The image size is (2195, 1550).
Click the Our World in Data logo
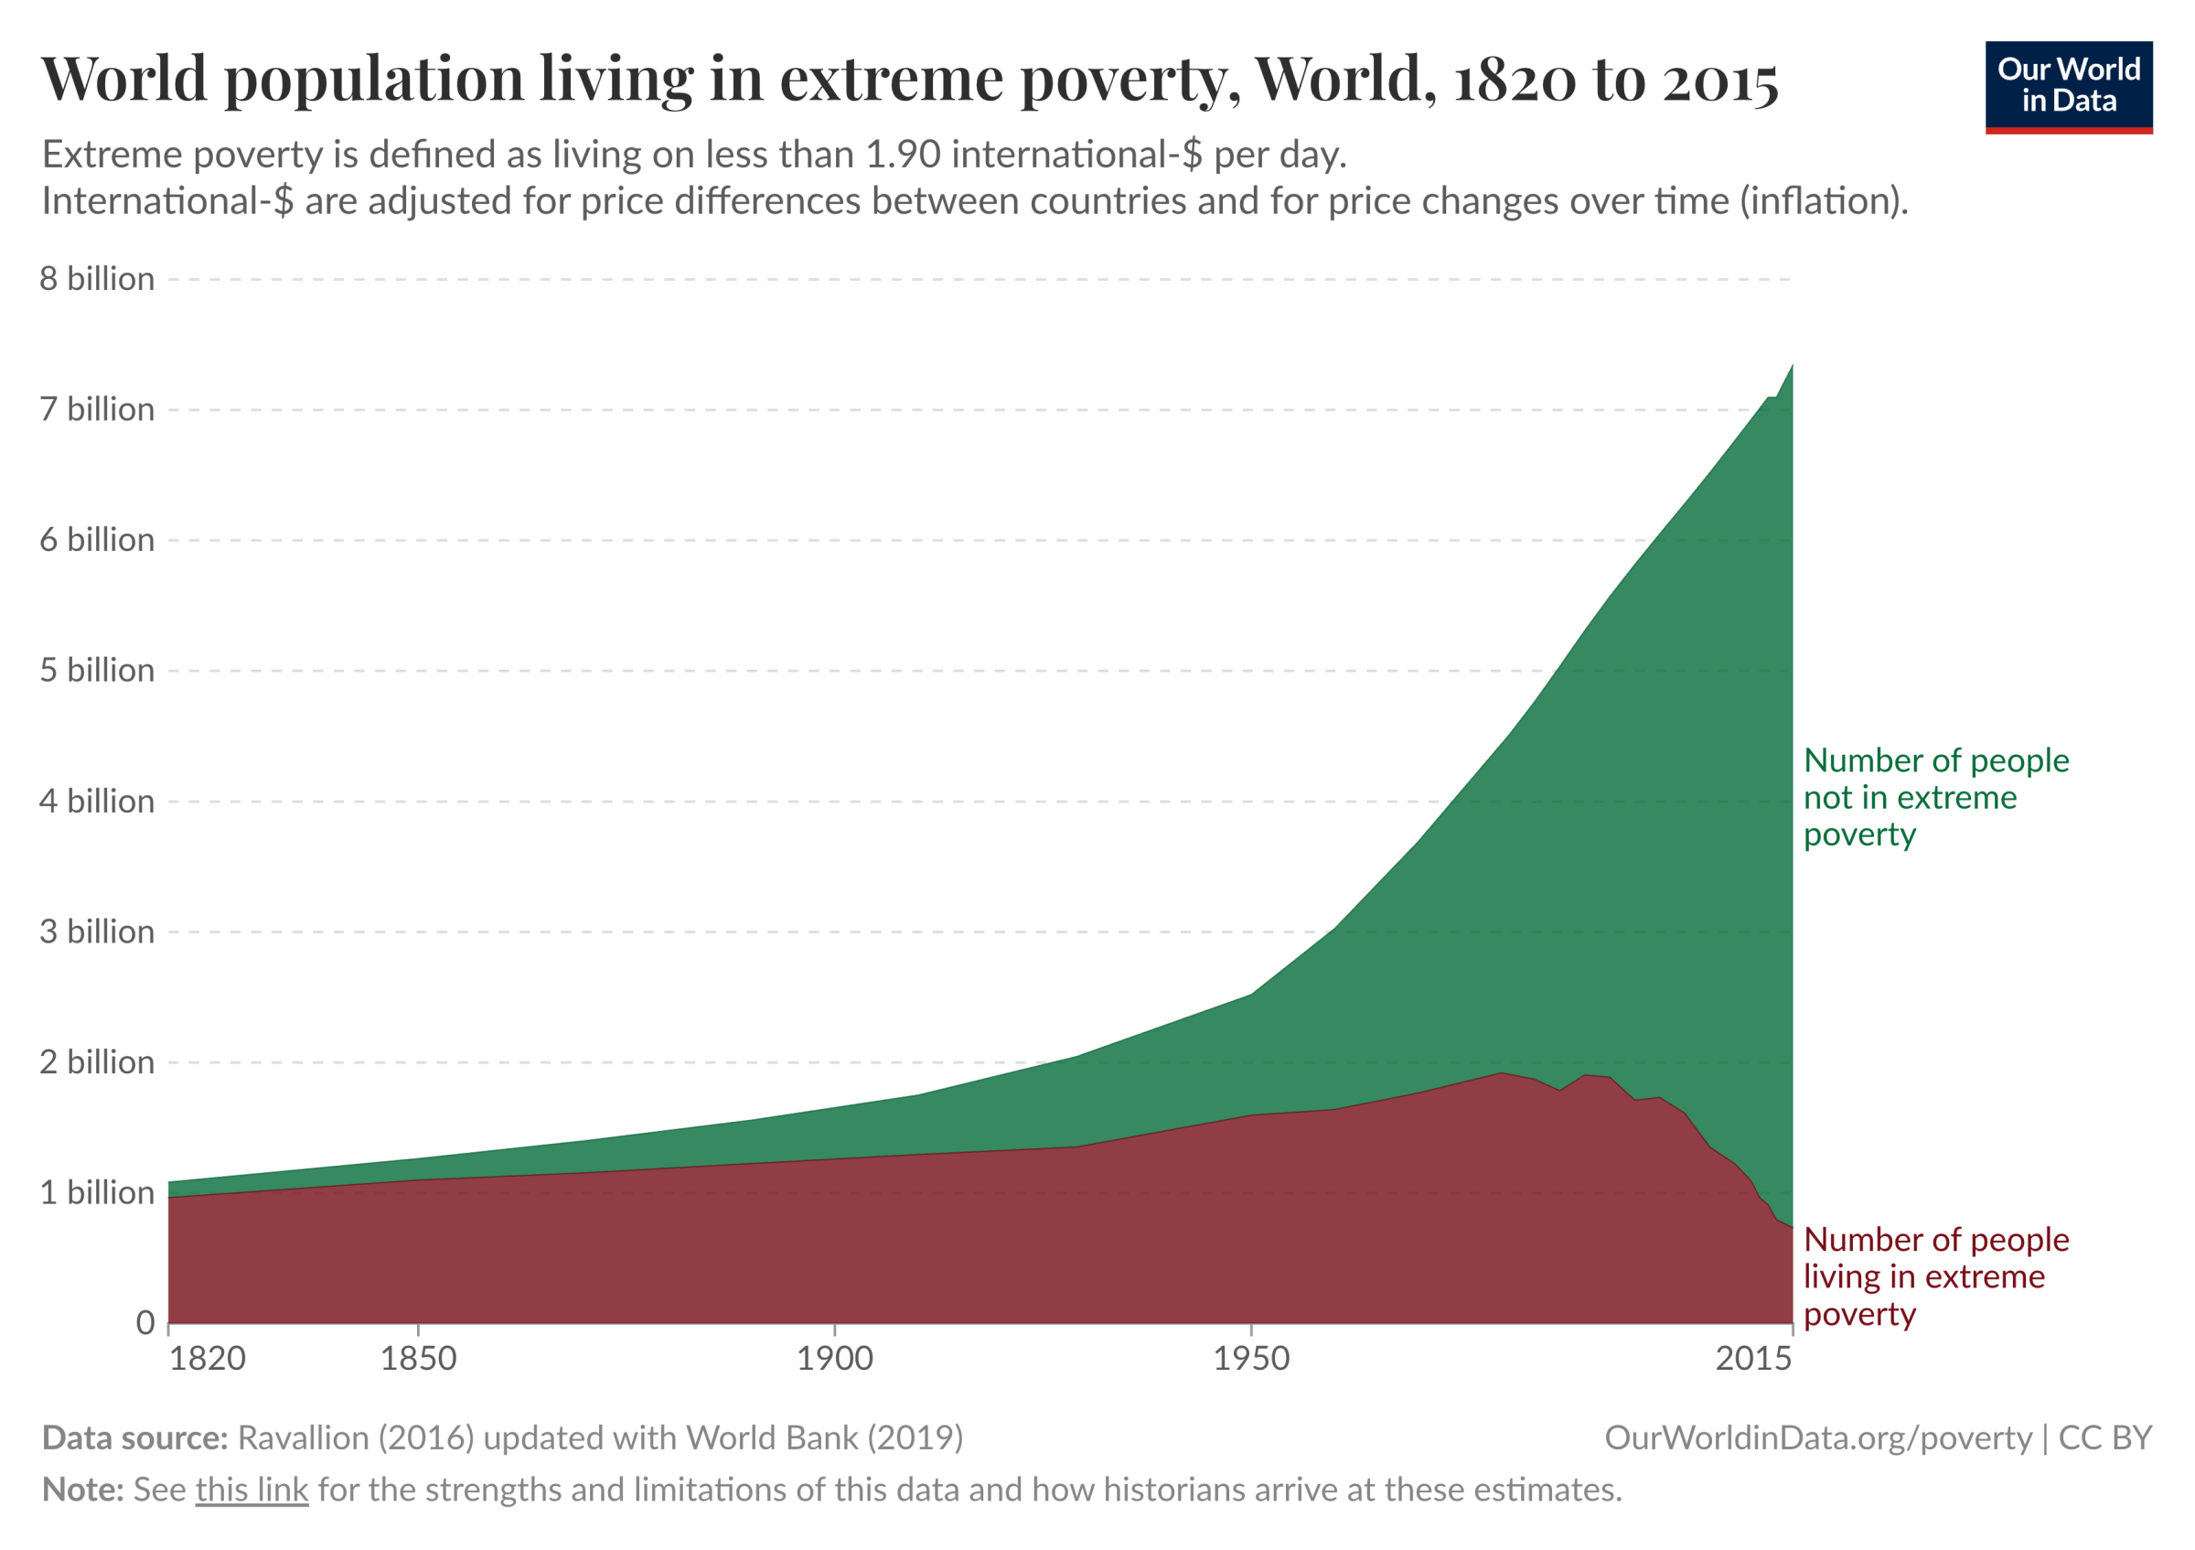[x=2068, y=86]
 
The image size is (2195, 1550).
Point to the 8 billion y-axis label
[x=97, y=279]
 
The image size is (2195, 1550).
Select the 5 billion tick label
[x=97, y=671]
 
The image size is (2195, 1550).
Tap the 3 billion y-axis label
[x=97, y=931]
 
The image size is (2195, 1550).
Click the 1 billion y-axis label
[x=97, y=1192]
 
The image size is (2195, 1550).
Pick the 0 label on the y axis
[x=145, y=1322]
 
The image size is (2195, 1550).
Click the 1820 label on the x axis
[x=208, y=1358]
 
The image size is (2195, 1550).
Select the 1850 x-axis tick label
[x=419, y=1358]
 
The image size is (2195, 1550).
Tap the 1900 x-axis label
[x=835, y=1358]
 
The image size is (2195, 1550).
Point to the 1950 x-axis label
[x=1251, y=1358]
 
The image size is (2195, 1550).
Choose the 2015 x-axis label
[x=1753, y=1358]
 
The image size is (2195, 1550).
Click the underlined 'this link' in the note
[x=252, y=1489]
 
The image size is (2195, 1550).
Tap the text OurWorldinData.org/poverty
[x=1817, y=1438]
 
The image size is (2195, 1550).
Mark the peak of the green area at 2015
[x=1791, y=367]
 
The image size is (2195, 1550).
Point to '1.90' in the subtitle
[x=903, y=155]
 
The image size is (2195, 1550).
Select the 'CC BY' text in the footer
[x=2104, y=1438]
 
